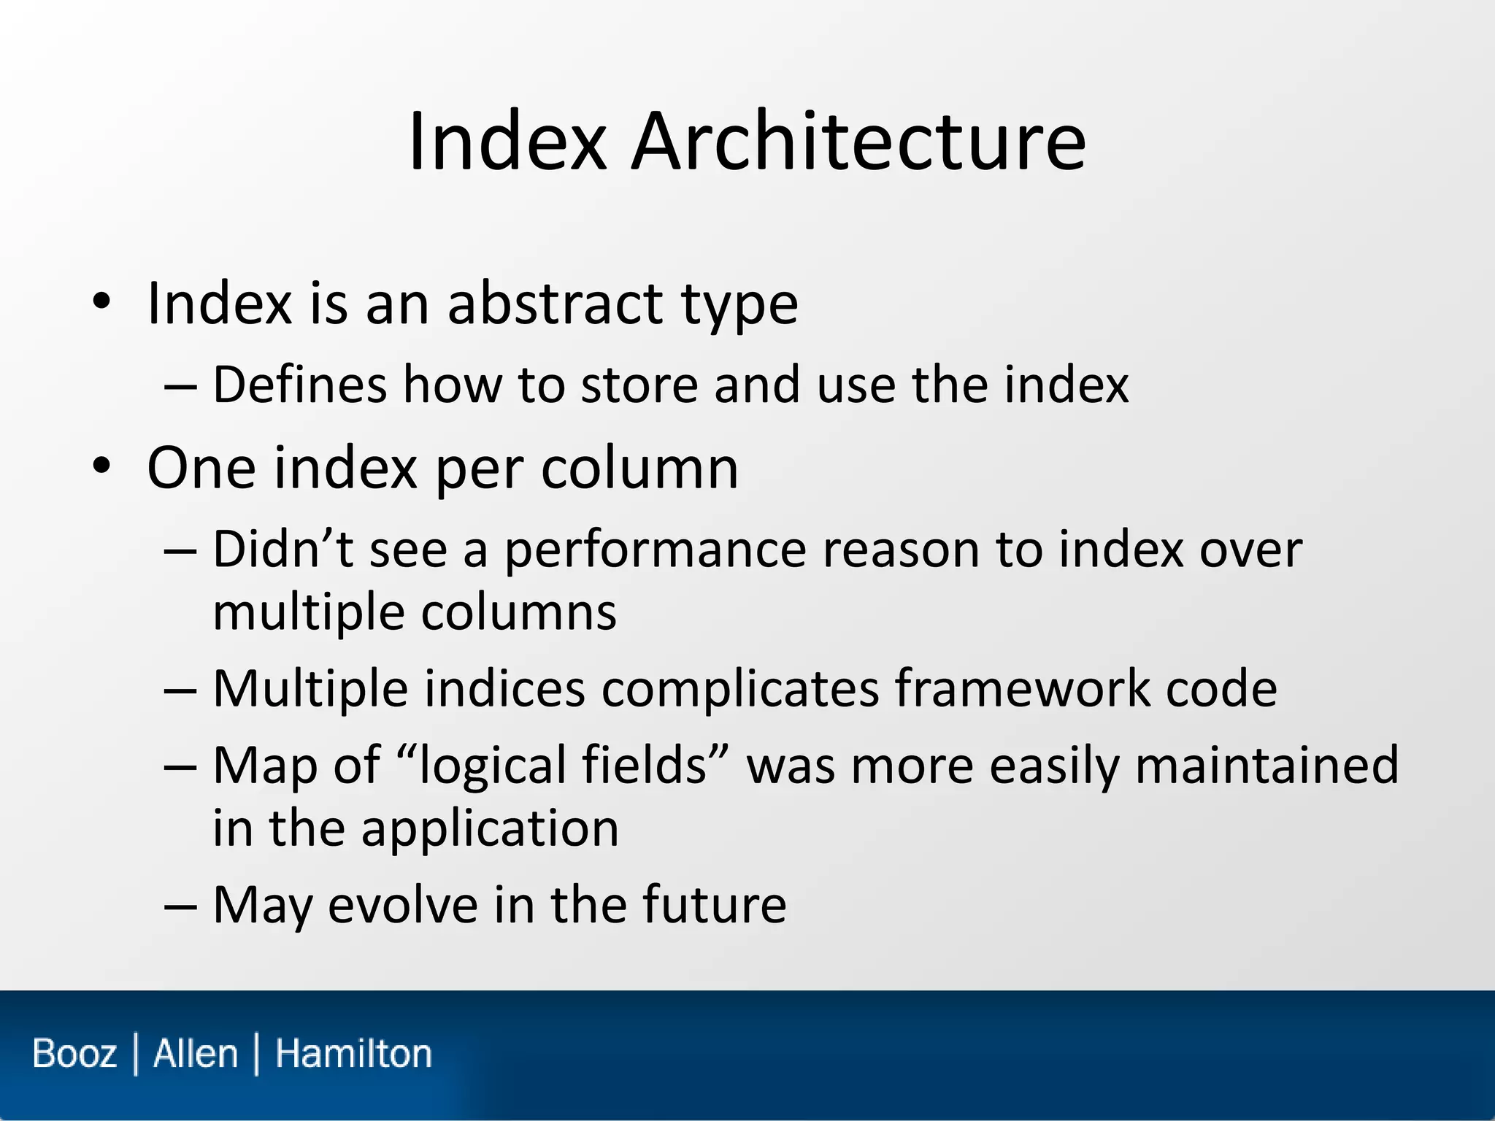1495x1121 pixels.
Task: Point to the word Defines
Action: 299,385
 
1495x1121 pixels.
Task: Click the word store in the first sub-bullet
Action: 639,385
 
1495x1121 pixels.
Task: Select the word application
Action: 490,829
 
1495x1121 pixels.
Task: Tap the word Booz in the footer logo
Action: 74,1054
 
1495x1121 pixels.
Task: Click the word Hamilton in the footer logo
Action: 353,1054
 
